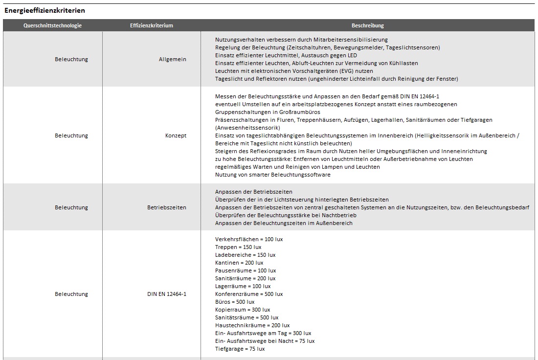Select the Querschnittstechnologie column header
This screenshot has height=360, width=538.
pyautogui.click(x=52, y=25)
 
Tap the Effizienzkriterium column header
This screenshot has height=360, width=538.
pyautogui.click(x=152, y=25)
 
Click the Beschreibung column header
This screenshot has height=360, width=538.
pyautogui.click(x=368, y=25)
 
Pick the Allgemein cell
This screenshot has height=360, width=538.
pyautogui.click(x=173, y=59)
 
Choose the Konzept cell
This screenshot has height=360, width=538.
pyautogui.click(x=176, y=135)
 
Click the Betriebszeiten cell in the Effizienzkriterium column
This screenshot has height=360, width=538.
pyautogui.click(x=167, y=207)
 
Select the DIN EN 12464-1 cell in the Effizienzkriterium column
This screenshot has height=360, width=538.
pyautogui.click(x=167, y=294)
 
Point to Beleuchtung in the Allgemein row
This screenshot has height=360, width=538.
pyautogui.click(x=71, y=59)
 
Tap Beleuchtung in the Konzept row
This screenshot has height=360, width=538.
pyautogui.click(x=71, y=135)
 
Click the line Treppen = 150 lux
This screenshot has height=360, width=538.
pyautogui.click(x=238, y=247)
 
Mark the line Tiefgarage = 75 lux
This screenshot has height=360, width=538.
pyautogui.click(x=240, y=349)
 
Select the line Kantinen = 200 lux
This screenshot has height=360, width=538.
pyautogui.click(x=239, y=263)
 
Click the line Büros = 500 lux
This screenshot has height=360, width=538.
pyautogui.click(x=235, y=302)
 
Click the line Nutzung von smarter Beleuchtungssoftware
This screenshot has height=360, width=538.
pyautogui.click(x=272, y=175)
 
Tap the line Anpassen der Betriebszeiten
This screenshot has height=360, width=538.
pyautogui.click(x=253, y=192)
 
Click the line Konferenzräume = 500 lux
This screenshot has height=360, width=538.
pyautogui.click(x=249, y=294)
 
